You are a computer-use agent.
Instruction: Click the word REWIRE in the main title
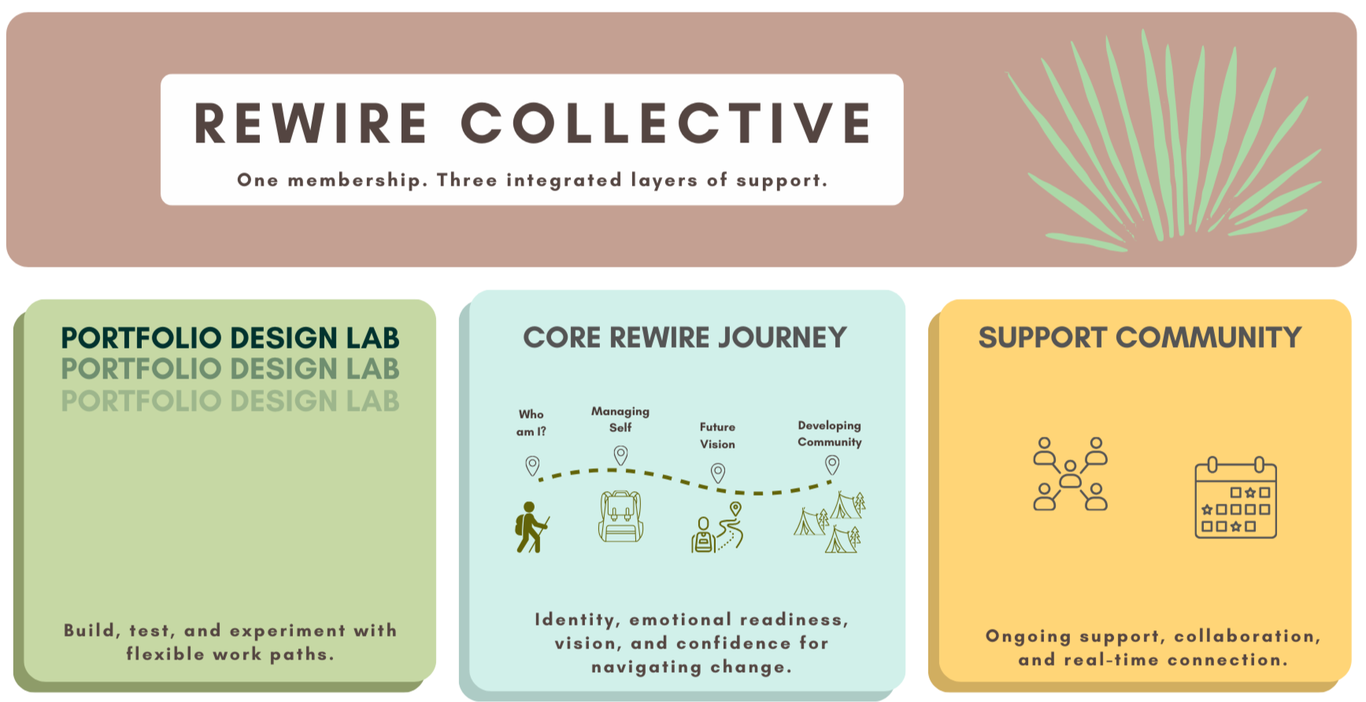[x=311, y=124]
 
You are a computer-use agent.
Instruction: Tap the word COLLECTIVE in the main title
[x=666, y=124]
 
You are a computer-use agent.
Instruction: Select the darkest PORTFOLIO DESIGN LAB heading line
[x=230, y=338]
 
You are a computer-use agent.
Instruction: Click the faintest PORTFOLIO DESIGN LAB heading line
[x=230, y=401]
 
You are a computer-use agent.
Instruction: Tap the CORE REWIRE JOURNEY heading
[x=684, y=338]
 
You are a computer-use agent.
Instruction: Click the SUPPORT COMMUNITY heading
[x=1139, y=338]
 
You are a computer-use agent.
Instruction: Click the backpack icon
[x=621, y=517]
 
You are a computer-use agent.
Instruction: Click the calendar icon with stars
[x=1235, y=498]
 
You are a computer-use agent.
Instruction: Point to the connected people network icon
[x=1070, y=474]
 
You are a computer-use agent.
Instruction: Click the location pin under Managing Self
[x=621, y=455]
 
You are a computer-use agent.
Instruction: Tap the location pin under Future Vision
[x=718, y=472]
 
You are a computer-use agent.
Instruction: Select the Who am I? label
[x=531, y=423]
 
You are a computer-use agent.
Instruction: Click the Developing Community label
[x=829, y=434]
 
